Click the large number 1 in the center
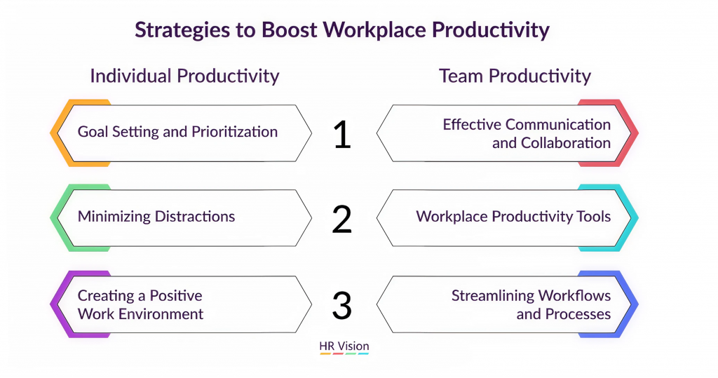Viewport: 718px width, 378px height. coord(342,134)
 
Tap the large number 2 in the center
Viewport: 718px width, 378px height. coord(341,219)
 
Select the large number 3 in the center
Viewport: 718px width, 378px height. coord(341,305)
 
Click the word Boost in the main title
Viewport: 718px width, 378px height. coord(289,29)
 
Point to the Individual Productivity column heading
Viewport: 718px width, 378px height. coord(184,76)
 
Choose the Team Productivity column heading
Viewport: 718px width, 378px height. coord(515,76)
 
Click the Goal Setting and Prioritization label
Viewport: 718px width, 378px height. coord(177,132)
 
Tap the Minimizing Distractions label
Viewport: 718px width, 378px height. coord(156,216)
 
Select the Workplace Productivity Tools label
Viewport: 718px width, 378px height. coord(513,216)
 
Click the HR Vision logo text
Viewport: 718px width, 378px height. coord(344,346)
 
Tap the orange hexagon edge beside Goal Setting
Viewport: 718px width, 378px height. coord(56,133)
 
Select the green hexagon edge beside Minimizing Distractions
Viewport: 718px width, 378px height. coord(56,218)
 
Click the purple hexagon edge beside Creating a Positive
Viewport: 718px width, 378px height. coord(56,304)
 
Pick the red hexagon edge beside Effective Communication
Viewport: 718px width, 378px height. coord(633,133)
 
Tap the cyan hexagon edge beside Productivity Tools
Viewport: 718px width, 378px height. coord(633,218)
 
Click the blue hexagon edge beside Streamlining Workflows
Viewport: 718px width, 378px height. coord(633,304)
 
